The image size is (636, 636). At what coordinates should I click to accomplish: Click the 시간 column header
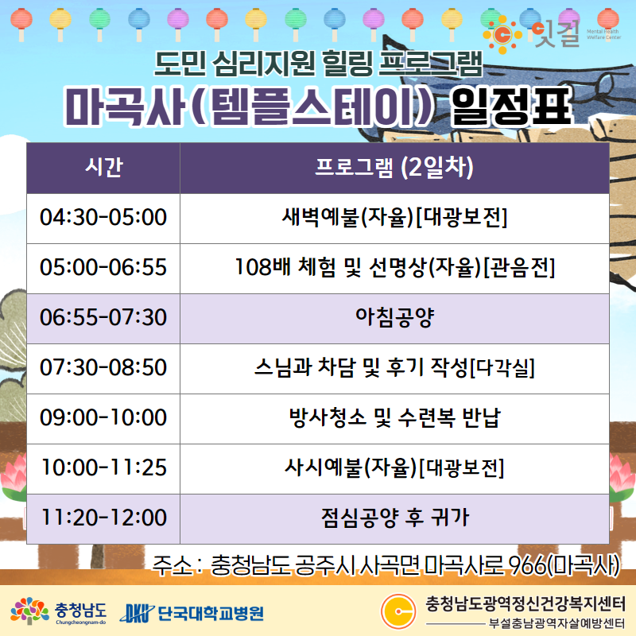(103, 168)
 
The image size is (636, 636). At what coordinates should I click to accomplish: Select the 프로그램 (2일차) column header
(394, 168)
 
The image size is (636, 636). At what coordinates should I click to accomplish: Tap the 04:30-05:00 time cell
(103, 218)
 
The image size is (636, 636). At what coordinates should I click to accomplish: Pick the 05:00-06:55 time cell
(103, 269)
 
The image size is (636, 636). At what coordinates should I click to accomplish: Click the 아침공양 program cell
(394, 319)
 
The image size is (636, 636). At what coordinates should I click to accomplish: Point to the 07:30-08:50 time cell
(103, 369)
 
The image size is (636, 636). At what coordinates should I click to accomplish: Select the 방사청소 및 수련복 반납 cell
(394, 419)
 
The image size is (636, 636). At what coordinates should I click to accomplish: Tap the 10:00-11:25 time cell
(103, 469)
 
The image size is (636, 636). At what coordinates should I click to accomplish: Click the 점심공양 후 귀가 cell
(394, 519)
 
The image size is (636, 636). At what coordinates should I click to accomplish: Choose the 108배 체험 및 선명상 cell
(394, 269)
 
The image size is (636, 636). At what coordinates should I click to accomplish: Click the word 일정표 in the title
(512, 107)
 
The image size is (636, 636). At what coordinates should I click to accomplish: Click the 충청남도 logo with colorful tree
(58, 611)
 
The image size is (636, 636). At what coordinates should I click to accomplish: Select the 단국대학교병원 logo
(192, 613)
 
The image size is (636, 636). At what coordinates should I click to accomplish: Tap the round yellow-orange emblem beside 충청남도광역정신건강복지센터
(398, 611)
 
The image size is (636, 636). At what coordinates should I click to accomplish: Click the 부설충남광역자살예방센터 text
(557, 623)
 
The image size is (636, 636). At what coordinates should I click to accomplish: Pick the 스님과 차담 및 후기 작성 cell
(394, 369)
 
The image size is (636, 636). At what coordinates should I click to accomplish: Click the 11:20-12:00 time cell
(103, 519)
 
